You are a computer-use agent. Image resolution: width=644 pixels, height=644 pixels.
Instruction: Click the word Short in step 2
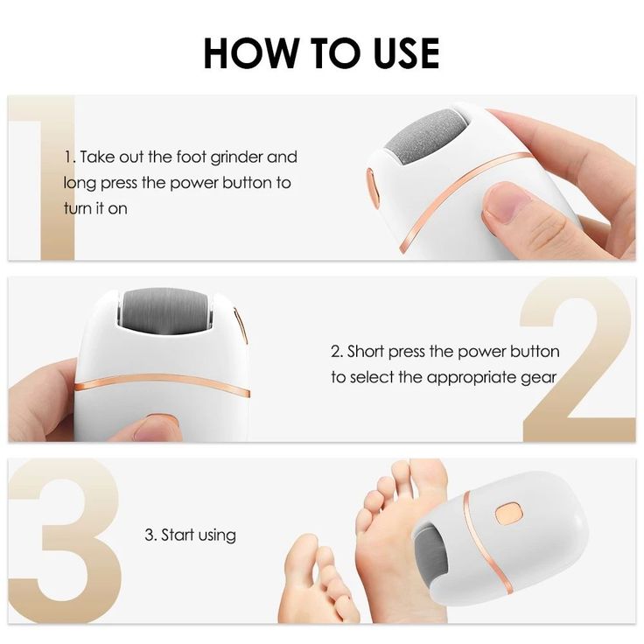367,352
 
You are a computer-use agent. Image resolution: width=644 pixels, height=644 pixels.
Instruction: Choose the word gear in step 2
540,378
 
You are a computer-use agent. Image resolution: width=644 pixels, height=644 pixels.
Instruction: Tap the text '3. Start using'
190,535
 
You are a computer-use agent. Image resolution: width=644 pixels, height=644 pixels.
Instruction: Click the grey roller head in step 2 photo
178,312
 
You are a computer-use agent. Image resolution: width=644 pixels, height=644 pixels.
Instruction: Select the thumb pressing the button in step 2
153,428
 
